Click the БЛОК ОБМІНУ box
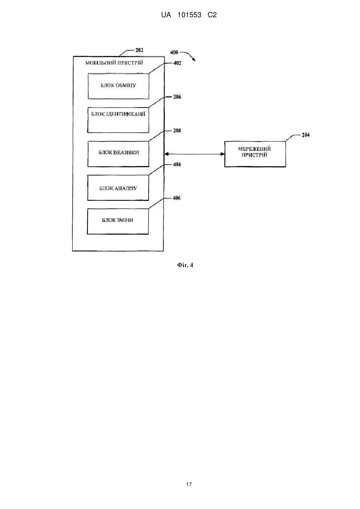[118, 86]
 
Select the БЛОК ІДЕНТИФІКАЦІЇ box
[118, 120]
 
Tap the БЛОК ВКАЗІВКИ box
[118, 154]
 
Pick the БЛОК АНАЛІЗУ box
[118, 188]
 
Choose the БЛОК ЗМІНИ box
[118, 222]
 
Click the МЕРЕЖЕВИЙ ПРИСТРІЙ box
[255, 154]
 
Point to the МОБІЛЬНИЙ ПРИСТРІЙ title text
[114, 63]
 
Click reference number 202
[139, 50]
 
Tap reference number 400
[174, 52]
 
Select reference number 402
[177, 63]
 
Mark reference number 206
[177, 97]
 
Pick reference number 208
[177, 130]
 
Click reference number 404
[177, 164]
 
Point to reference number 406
[177, 198]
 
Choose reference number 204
[306, 135]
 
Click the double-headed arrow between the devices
[194, 154]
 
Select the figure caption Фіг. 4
[185, 265]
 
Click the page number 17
[189, 485]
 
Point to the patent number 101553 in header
[189, 15]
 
